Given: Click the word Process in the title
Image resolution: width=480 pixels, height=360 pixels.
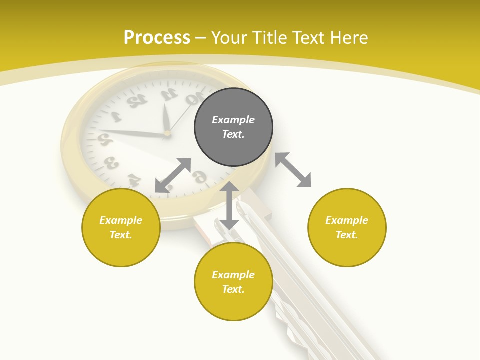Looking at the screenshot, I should (x=157, y=38).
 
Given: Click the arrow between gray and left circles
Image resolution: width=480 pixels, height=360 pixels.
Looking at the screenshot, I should (x=173, y=175).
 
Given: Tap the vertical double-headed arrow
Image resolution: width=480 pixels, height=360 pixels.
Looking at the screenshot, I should (x=229, y=205).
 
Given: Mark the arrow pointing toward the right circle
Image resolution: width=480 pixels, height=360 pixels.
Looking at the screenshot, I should (x=293, y=170).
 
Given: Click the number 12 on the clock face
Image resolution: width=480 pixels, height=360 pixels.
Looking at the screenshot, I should (x=135, y=100).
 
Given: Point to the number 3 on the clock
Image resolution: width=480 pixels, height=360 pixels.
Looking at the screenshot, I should (x=111, y=163).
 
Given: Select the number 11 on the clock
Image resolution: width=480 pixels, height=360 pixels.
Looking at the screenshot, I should (x=169, y=93).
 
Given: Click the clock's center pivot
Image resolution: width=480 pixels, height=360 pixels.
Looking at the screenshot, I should (x=167, y=133).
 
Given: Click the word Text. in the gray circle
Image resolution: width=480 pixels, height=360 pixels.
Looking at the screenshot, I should (x=233, y=134).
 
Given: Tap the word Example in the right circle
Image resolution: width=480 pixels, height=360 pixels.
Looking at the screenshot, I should (x=347, y=220).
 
